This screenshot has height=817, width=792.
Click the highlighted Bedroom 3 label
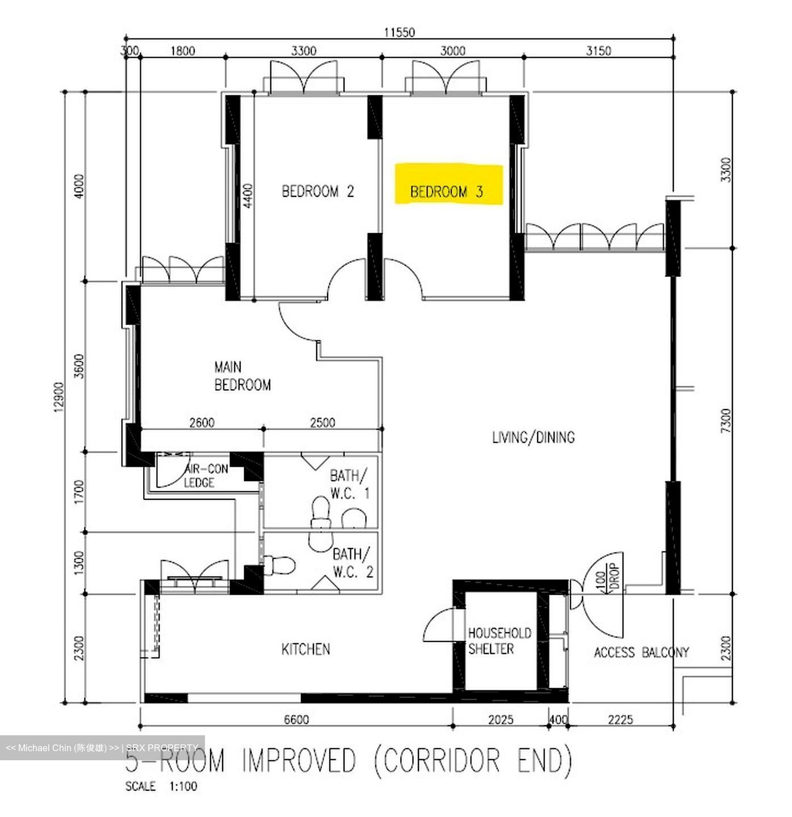click(447, 192)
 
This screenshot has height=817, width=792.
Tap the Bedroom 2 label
click(317, 191)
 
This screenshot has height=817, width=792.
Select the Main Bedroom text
click(242, 376)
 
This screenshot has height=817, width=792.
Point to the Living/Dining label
click(533, 437)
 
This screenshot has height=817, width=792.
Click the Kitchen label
click(305, 649)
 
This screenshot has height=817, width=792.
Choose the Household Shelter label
click(499, 641)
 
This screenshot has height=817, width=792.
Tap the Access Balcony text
click(641, 652)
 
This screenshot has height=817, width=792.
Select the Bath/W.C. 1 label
click(349, 484)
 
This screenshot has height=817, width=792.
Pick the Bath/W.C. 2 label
click(352, 562)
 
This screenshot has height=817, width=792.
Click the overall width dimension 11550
click(399, 32)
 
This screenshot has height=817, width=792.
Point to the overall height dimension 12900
click(60, 397)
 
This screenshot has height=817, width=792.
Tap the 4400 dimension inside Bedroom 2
click(248, 196)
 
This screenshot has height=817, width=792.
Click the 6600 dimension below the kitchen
click(296, 720)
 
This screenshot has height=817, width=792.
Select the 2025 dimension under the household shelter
click(500, 720)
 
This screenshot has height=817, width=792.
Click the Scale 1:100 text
click(161, 787)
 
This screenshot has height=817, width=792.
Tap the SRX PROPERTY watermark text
click(162, 748)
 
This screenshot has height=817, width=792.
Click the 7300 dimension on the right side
click(726, 421)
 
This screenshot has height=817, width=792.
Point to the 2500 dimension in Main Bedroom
click(322, 423)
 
